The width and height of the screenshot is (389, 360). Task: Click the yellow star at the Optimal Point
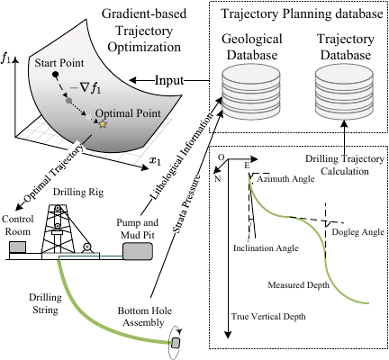click(x=103, y=124)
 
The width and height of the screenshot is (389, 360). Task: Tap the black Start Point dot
click(x=55, y=74)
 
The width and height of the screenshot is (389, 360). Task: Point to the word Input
click(x=169, y=80)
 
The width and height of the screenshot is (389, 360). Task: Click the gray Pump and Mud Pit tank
click(x=138, y=251)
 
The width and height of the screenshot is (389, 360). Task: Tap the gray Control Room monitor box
click(x=17, y=247)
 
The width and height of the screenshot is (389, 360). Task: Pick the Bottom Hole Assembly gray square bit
click(x=176, y=343)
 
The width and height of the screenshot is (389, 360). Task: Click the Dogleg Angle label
click(x=358, y=232)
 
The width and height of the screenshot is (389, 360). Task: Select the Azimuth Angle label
click(x=286, y=179)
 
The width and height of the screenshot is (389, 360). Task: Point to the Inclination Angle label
click(x=266, y=248)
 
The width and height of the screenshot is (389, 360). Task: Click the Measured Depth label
click(x=298, y=284)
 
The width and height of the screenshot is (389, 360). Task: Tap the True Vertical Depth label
click(x=268, y=317)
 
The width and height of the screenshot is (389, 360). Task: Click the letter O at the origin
click(x=221, y=157)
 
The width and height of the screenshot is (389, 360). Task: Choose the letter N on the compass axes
click(x=218, y=179)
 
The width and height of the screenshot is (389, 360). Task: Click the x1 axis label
click(x=155, y=161)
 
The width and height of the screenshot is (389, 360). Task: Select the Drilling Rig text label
click(x=78, y=193)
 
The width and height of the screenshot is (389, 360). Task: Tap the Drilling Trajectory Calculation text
click(x=345, y=165)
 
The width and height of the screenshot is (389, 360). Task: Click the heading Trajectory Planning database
click(x=302, y=14)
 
